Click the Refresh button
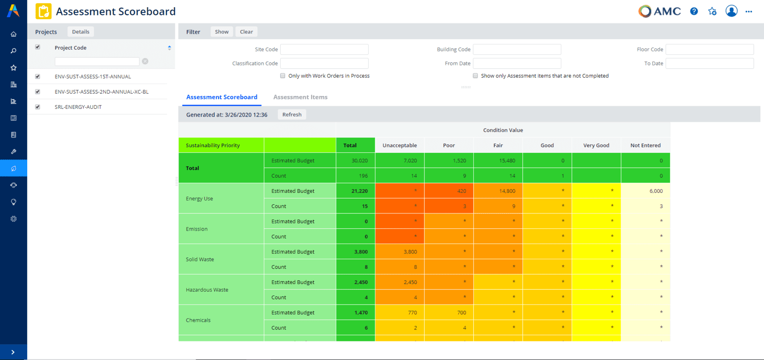point(292,115)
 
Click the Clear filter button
point(246,32)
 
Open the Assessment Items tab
point(300,97)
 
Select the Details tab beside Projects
point(81,32)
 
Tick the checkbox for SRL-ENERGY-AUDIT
point(38,107)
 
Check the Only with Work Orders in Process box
point(283,76)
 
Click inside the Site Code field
point(324,50)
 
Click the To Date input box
point(710,64)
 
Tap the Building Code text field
point(517,50)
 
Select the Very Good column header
point(596,146)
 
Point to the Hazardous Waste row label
point(207,290)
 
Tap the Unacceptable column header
point(400,146)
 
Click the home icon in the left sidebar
point(13,34)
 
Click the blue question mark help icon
point(694,11)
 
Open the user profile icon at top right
point(731,11)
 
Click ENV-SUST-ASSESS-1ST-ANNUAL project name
point(93,76)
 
